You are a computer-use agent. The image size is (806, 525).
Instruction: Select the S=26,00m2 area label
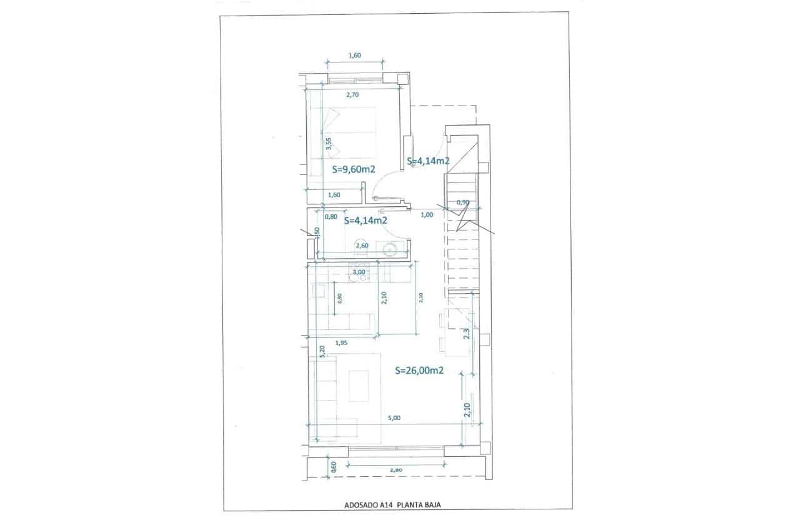419,370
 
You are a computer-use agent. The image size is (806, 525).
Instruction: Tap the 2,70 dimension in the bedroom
352,95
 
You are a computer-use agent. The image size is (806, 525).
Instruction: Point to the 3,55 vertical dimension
328,144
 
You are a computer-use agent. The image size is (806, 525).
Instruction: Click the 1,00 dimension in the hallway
427,215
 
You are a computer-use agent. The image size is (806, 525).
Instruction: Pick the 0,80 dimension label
331,217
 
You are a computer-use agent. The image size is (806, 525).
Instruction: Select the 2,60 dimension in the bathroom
362,246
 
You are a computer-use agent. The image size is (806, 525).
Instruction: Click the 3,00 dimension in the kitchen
359,272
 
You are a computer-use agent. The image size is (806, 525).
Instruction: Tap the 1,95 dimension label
341,342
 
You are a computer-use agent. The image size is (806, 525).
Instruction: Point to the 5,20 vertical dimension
322,352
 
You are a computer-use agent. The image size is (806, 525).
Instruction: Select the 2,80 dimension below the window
394,469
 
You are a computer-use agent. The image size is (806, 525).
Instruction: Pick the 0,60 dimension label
333,466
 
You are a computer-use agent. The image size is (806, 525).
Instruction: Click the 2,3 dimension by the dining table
466,334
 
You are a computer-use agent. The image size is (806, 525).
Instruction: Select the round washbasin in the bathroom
390,250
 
